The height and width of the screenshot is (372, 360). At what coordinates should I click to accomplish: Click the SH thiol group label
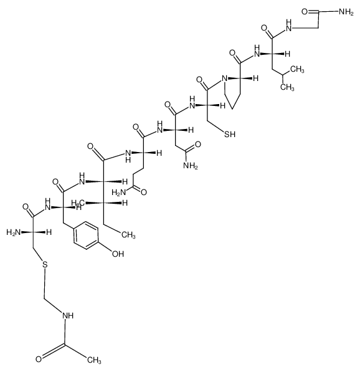pos(230,134)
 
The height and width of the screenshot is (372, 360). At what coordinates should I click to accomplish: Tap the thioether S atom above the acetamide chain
pos(45,264)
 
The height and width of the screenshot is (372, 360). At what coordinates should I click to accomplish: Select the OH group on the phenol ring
pos(118,254)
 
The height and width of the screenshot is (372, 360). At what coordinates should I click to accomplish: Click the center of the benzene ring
pos(86,236)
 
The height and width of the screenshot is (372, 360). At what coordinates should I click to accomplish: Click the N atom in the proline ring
pos(224,78)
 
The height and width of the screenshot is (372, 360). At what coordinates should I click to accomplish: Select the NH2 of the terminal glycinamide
pos(346,12)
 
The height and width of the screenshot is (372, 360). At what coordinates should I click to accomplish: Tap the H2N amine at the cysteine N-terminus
pos(14,232)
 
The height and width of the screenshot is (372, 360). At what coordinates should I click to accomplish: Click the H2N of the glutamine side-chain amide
pos(119,193)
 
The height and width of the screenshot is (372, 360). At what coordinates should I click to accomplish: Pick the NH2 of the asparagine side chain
pos(191,166)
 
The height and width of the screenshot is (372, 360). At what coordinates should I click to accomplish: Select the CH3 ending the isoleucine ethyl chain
pos(128,235)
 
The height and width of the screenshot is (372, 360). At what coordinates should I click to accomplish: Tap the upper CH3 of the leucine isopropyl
pos(297,70)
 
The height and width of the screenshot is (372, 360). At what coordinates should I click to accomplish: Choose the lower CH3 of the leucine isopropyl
pos(287,87)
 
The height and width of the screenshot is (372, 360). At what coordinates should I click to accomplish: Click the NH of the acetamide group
pos(68,316)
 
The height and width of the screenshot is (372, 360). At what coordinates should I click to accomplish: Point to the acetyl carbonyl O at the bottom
pos(39,360)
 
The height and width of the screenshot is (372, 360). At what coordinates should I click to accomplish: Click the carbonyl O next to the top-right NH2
pos(305,11)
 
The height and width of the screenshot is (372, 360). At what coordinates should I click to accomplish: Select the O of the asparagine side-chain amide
pos(198,144)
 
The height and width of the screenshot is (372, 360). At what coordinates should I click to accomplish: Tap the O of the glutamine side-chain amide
pos(143,192)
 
